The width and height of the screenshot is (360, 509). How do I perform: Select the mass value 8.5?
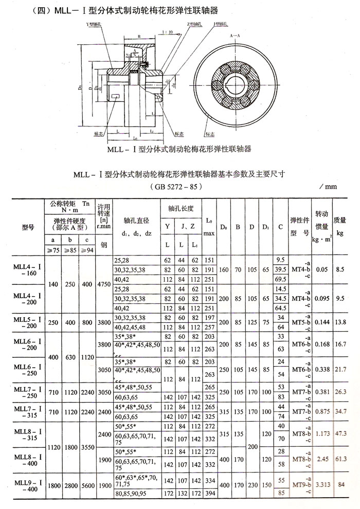pos(340,268)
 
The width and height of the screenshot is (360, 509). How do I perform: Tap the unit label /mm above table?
pos(327,187)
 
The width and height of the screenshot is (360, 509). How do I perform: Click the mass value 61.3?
pos(340,456)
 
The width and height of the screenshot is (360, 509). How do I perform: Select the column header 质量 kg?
pos(340,225)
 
